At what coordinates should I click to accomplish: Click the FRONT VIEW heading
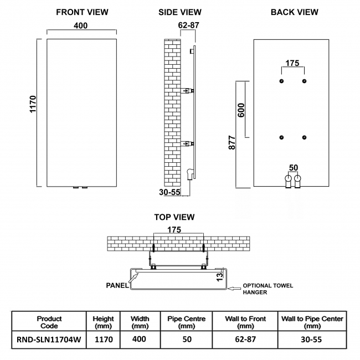click(x=83, y=12)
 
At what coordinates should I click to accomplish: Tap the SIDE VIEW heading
click(x=179, y=12)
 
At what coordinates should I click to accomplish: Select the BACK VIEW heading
click(x=294, y=12)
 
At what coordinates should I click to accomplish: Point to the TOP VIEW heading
click(x=174, y=217)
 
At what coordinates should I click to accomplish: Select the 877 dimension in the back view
click(x=233, y=143)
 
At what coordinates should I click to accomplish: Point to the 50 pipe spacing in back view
click(x=293, y=167)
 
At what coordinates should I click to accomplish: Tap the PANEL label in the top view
click(x=117, y=285)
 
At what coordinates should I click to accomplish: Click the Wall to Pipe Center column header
click(x=312, y=322)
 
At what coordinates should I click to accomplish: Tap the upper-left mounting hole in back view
click(x=282, y=81)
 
